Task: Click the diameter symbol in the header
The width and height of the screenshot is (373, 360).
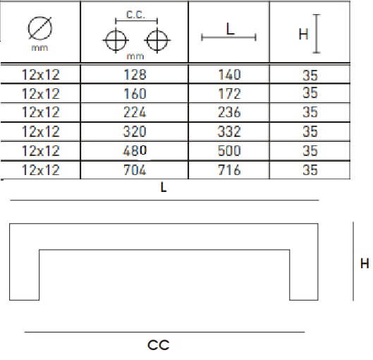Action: (40, 28)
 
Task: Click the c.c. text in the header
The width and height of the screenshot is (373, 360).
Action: (135, 15)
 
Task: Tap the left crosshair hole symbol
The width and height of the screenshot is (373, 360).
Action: (116, 40)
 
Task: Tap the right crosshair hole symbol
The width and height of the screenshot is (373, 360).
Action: (157, 40)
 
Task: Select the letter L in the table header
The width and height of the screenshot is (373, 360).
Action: (230, 29)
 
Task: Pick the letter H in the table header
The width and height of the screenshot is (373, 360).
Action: (303, 34)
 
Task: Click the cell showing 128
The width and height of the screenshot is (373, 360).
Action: (135, 75)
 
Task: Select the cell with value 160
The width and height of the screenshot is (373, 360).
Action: (135, 94)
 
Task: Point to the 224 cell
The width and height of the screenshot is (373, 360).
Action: (135, 112)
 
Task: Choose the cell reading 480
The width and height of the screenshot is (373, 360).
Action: (135, 150)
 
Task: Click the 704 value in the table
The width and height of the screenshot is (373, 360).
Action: (135, 170)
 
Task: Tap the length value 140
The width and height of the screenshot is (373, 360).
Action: (230, 75)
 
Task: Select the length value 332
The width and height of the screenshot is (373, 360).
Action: (230, 131)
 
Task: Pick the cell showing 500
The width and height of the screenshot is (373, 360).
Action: (230, 150)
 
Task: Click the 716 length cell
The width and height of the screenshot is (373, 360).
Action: (230, 170)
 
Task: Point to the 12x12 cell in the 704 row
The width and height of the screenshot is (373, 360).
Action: (41, 170)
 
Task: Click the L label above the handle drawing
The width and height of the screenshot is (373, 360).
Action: (164, 187)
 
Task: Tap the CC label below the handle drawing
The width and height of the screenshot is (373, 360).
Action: (159, 345)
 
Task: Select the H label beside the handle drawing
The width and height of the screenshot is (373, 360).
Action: (365, 263)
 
